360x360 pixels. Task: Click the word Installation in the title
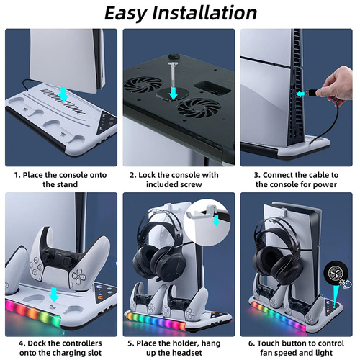click(204, 13)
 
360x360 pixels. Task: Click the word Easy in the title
click(126, 14)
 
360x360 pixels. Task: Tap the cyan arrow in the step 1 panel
click(63, 94)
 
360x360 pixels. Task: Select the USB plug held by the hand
click(310, 92)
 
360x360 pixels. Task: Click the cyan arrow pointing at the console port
click(300, 94)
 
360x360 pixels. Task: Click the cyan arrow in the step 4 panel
click(54, 294)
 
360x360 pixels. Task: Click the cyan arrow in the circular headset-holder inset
click(216, 220)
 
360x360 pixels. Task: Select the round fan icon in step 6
click(334, 274)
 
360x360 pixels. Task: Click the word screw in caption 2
click(190, 184)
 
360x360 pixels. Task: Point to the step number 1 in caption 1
click(17, 175)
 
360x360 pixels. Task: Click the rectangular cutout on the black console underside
click(212, 88)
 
